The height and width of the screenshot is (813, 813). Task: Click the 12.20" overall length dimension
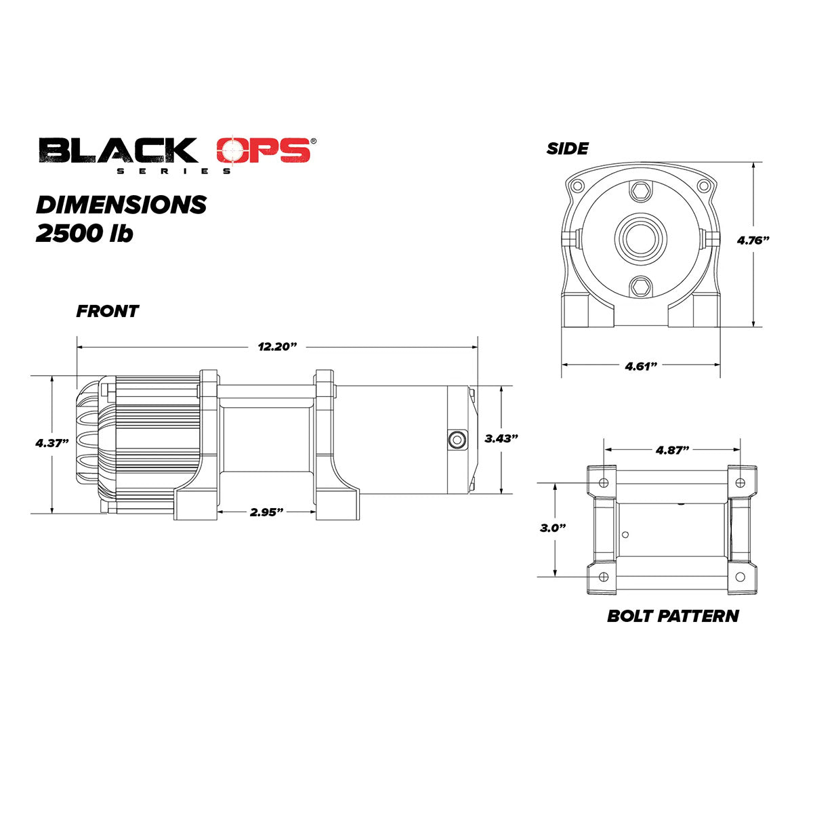278,346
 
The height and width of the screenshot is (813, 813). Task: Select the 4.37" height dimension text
52,443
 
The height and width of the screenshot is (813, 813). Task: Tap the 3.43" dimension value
501,438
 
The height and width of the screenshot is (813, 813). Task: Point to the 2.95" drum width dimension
266,512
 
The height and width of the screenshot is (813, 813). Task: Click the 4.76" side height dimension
753,240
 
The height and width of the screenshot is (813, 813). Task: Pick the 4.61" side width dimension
641,366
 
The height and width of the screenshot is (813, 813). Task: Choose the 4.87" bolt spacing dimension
672,449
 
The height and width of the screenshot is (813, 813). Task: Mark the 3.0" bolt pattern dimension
554,528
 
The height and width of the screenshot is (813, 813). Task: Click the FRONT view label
107,312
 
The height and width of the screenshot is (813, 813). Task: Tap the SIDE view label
568,148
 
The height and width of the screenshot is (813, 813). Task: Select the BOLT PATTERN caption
673,616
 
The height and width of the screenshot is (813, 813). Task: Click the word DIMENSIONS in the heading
121,205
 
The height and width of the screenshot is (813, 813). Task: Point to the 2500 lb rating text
84,234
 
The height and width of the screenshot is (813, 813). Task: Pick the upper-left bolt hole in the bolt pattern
604,482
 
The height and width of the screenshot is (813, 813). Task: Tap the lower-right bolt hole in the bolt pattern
740,577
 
